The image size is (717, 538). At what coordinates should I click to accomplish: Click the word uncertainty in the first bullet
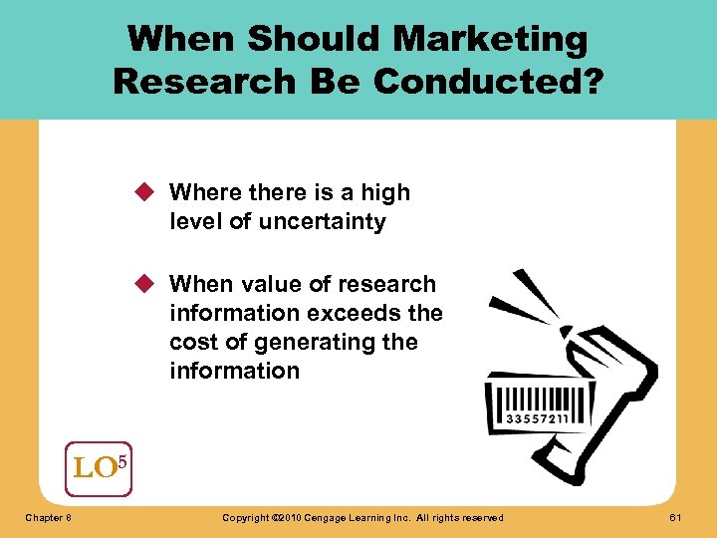[x=322, y=221]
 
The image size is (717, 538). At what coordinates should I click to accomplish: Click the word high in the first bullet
[x=384, y=192]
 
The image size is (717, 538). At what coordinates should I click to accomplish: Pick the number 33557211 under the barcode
[x=538, y=418]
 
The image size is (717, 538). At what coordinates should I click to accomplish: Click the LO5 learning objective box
[x=98, y=468]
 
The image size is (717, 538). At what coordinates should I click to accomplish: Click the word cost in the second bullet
[x=190, y=342]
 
